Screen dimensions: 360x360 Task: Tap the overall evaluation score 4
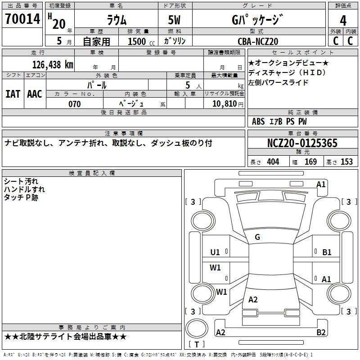[x=343, y=21]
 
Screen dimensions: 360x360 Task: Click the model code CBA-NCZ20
[x=258, y=41]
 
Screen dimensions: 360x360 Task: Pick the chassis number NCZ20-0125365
[x=302, y=143]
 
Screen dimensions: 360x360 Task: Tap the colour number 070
[x=74, y=104]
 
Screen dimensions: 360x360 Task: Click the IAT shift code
[x=13, y=94]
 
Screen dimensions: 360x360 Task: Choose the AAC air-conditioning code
[x=35, y=94]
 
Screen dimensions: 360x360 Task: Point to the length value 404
[x=273, y=162]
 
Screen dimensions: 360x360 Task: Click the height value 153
[x=346, y=162]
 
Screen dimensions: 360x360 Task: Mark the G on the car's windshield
[x=257, y=237]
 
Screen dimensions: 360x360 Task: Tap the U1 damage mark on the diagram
[x=215, y=252]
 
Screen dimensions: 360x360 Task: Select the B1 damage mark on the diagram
[x=327, y=252]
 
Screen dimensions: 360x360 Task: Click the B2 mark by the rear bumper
[x=321, y=333]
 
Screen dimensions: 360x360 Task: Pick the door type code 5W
[x=175, y=20]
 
